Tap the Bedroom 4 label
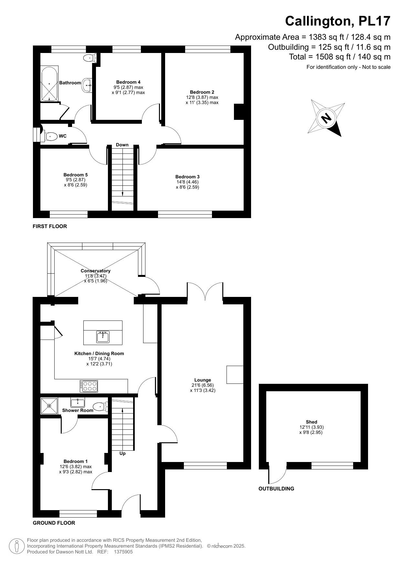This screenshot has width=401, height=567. pyautogui.click(x=128, y=82)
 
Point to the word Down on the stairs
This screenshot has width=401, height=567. pyautogui.click(x=122, y=145)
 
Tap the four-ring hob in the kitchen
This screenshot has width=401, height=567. pyautogui.click(x=89, y=386)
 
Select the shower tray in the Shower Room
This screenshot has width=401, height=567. pyautogui.click(x=49, y=406)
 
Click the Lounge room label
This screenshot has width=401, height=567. pyautogui.click(x=203, y=380)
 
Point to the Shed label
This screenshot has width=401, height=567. pyautogui.click(x=311, y=422)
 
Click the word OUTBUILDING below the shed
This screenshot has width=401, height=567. pyautogui.click(x=276, y=488)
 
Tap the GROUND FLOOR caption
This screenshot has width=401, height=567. pyautogui.click(x=54, y=523)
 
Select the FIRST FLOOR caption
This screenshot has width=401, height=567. pyautogui.click(x=50, y=226)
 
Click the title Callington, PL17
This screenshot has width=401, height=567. pyautogui.click(x=338, y=21)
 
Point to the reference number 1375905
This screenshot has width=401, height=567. pyautogui.click(x=123, y=552)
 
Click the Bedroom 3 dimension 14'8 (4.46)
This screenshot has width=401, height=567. pyautogui.click(x=187, y=182)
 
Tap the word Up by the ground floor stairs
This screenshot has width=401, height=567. pyautogui.click(x=122, y=453)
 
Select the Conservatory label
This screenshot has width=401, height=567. pyautogui.click(x=96, y=271)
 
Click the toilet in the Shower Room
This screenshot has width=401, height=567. pyautogui.click(x=100, y=406)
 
